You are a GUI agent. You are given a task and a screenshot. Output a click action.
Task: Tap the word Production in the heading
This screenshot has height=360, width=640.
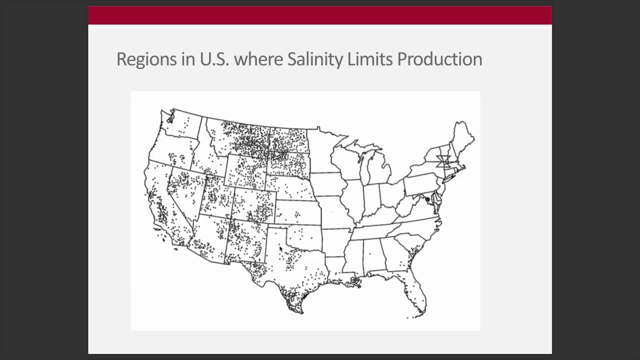click(x=439, y=59)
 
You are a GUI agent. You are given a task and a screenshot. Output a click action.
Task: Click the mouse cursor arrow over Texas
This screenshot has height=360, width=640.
click(x=280, y=248)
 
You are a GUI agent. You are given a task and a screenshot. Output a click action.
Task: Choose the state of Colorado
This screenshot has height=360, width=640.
click(x=253, y=205)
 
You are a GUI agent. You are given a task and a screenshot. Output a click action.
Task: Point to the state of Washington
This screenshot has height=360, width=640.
click(x=182, y=125)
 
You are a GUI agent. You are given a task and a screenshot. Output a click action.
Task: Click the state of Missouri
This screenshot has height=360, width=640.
click(x=335, y=212)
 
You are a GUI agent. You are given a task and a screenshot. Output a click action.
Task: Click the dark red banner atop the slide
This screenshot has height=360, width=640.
click(x=320, y=15)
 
